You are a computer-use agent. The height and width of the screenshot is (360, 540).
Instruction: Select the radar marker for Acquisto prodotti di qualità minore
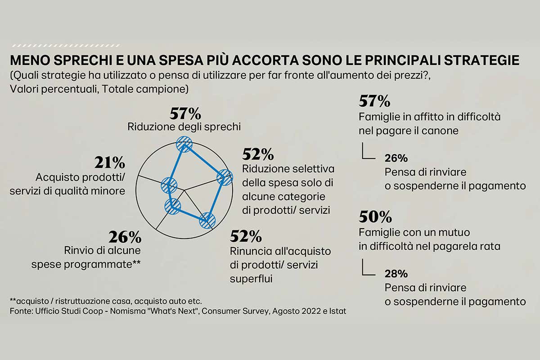tap(169, 184)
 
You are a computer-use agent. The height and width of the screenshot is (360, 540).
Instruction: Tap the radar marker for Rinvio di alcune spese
tap(172, 206)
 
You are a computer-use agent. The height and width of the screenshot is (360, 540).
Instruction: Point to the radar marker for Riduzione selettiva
tap(224, 178)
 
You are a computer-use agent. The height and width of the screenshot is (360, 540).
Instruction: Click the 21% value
tap(109, 162)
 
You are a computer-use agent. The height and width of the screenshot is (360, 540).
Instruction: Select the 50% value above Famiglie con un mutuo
tap(375, 217)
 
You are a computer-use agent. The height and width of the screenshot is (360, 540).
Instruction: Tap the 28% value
tap(396, 273)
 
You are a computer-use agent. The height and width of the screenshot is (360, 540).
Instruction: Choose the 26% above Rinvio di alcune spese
tap(125, 236)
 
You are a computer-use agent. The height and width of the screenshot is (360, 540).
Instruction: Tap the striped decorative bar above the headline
tap(66, 45)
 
